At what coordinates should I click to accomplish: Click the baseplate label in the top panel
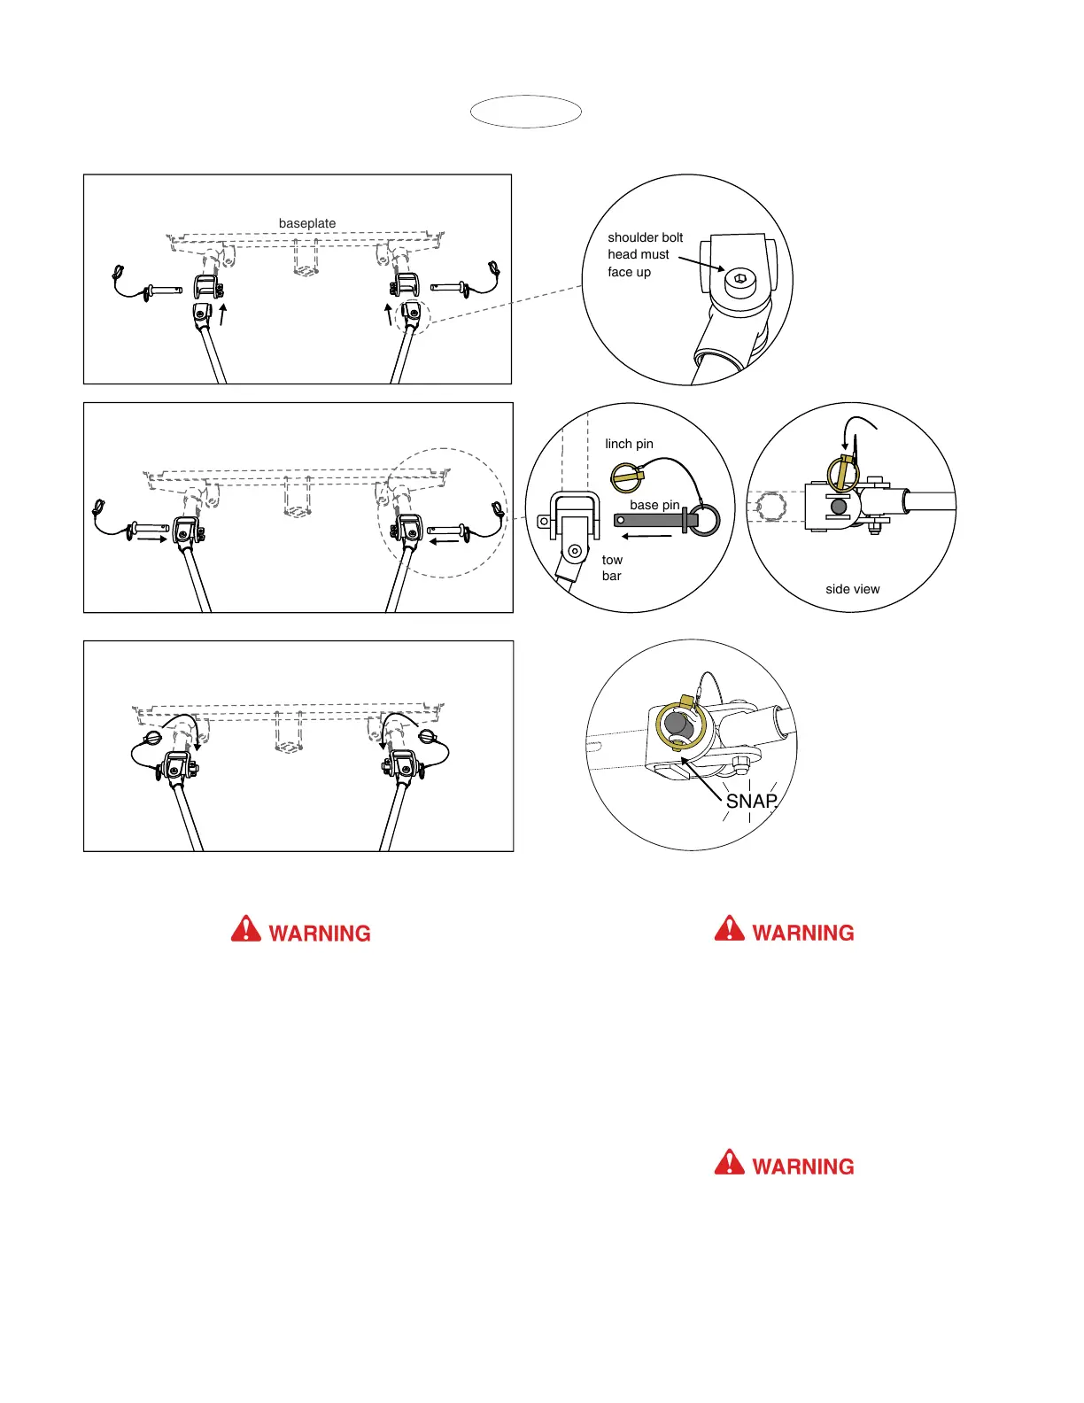[x=307, y=223]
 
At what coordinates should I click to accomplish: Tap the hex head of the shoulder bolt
[x=738, y=282]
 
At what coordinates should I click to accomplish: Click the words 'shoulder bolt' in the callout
[x=645, y=237]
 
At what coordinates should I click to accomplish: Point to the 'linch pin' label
[x=629, y=444]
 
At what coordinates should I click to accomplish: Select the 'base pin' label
[x=654, y=505]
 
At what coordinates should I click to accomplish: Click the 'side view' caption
[x=852, y=589]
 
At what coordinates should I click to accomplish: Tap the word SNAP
[x=751, y=801]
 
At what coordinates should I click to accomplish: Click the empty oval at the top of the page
[x=525, y=112]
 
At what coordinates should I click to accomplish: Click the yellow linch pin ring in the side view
[x=843, y=473]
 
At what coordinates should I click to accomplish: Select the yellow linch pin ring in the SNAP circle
[x=680, y=724]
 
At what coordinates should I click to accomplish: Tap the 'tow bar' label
[x=612, y=568]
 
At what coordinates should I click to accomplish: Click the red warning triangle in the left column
[x=246, y=929]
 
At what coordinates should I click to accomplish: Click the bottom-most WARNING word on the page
[x=802, y=1167]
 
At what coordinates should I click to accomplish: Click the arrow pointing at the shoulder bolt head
[x=701, y=263]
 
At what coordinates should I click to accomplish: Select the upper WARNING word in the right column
[x=802, y=933]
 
